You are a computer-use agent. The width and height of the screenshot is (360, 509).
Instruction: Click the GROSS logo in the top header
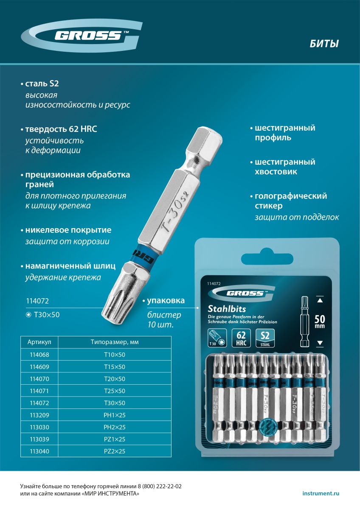point(82,36)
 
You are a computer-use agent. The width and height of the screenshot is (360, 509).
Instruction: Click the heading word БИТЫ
point(324,44)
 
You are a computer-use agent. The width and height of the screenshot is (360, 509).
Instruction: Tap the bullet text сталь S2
point(42,84)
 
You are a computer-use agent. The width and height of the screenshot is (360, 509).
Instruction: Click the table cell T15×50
point(115,367)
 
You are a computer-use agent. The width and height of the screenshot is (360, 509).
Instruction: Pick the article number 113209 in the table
point(39,415)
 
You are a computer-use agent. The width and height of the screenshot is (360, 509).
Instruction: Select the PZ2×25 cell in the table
point(115,451)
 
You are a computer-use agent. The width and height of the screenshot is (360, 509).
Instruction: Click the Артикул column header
point(39,342)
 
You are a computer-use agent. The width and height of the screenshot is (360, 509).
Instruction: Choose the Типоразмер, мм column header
point(115,342)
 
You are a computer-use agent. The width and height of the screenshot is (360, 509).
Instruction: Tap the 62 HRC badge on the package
point(241,338)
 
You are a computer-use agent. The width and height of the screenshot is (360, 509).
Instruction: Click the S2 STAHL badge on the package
point(265,338)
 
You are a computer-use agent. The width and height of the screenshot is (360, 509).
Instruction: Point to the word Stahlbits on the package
point(227,309)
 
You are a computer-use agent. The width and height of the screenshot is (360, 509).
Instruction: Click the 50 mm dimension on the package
point(320,322)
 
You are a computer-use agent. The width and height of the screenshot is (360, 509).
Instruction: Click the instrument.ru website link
point(321,493)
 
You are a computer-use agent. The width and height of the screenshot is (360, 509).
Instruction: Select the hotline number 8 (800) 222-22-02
point(160,486)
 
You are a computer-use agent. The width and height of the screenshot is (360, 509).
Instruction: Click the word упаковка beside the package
point(166,301)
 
